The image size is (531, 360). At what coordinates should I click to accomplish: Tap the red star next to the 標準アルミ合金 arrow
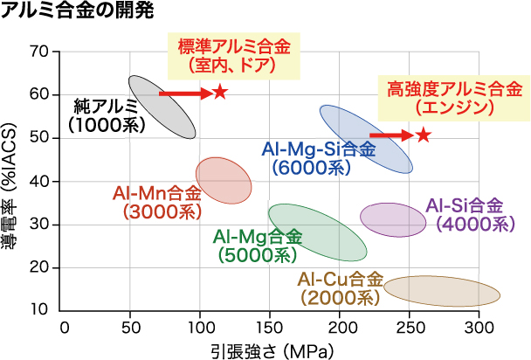(219, 92)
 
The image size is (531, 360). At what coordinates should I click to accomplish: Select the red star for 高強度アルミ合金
(424, 135)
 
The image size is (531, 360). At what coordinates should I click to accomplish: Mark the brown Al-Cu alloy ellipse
(442, 290)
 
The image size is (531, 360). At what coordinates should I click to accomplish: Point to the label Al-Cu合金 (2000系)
(340, 288)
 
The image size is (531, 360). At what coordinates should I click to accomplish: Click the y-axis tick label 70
(38, 52)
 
